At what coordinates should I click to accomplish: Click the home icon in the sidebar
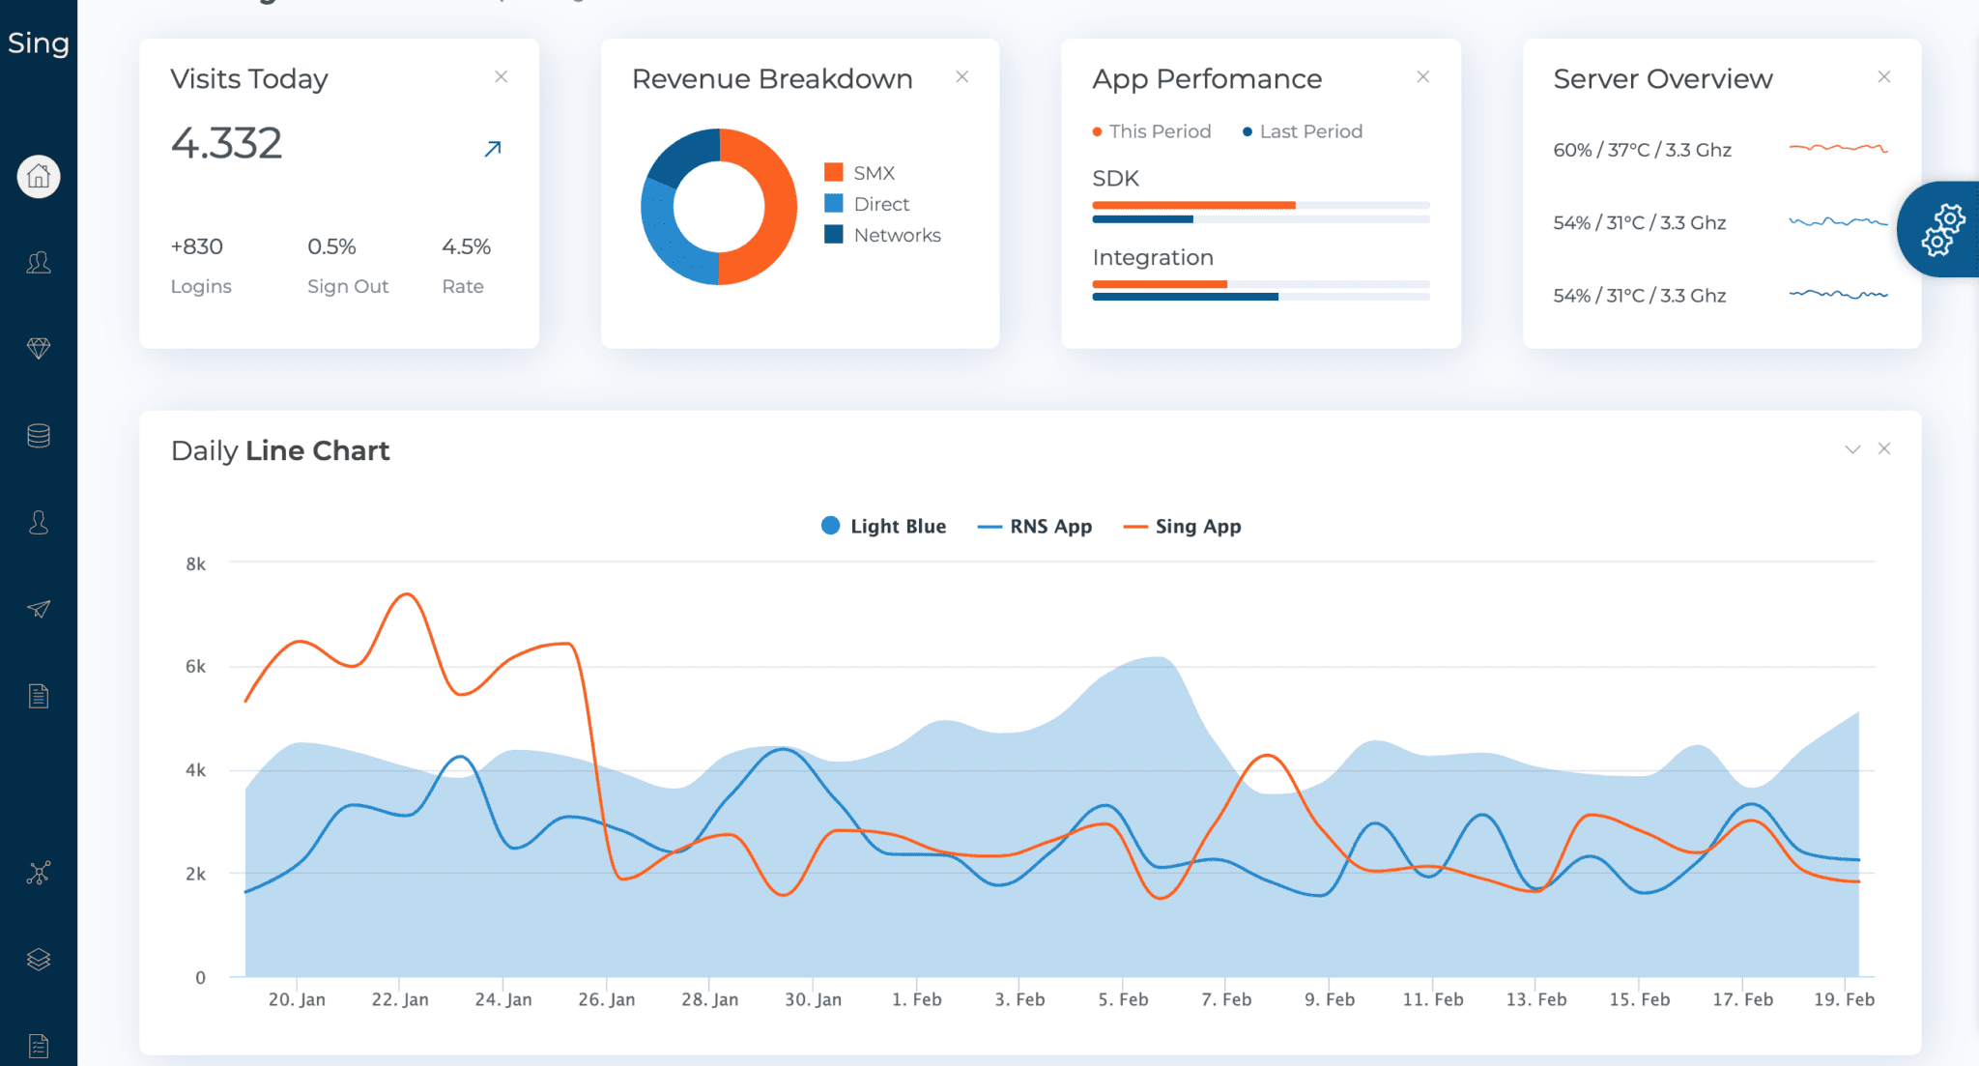pyautogui.click(x=39, y=177)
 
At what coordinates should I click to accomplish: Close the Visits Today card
pyautogui.click(x=501, y=76)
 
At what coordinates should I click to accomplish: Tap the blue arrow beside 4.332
pyautogui.click(x=493, y=149)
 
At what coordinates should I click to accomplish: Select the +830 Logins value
pyautogui.click(x=197, y=246)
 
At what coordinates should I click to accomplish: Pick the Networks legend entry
pyautogui.click(x=896, y=235)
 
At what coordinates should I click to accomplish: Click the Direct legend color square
pyautogui.click(x=834, y=204)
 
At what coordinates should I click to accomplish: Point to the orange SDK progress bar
pyautogui.click(x=1192, y=205)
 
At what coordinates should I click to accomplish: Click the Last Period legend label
pyautogui.click(x=1309, y=131)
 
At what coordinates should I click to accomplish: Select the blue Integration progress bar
pyautogui.click(x=1185, y=297)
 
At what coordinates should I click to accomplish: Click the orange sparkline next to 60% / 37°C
pyautogui.click(x=1837, y=148)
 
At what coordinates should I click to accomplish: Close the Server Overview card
pyautogui.click(x=1883, y=76)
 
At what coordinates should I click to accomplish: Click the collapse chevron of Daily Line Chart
pyautogui.click(x=1852, y=449)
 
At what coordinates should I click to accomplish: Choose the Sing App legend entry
pyautogui.click(x=1197, y=527)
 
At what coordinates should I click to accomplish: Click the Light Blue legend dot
pyautogui.click(x=830, y=526)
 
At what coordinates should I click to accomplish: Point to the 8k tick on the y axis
pyautogui.click(x=195, y=563)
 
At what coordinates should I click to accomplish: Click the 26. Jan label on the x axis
pyautogui.click(x=606, y=999)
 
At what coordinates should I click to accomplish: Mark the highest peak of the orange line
pyautogui.click(x=407, y=594)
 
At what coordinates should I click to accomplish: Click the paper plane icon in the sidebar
pyautogui.click(x=39, y=609)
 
